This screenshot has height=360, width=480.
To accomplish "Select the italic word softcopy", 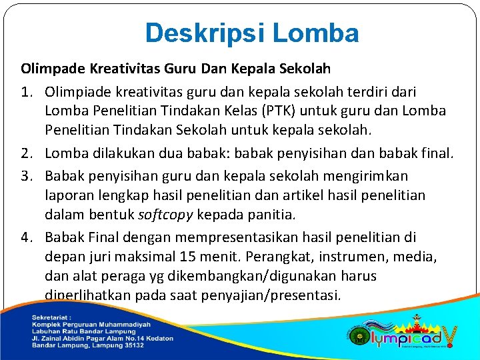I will click(x=167, y=215).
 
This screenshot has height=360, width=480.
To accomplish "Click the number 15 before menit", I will click(x=189, y=257).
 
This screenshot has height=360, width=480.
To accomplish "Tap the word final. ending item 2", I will click(x=435, y=154).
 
